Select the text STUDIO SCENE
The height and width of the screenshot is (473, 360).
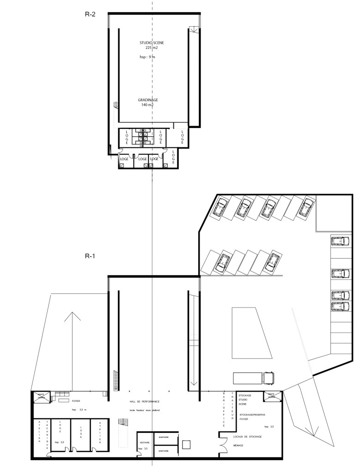(152, 42)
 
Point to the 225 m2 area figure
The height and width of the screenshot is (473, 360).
(152, 48)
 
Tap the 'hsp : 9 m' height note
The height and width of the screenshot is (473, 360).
(147, 58)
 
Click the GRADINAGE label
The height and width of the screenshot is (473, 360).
(147, 100)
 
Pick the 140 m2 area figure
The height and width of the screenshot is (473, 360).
(147, 105)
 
